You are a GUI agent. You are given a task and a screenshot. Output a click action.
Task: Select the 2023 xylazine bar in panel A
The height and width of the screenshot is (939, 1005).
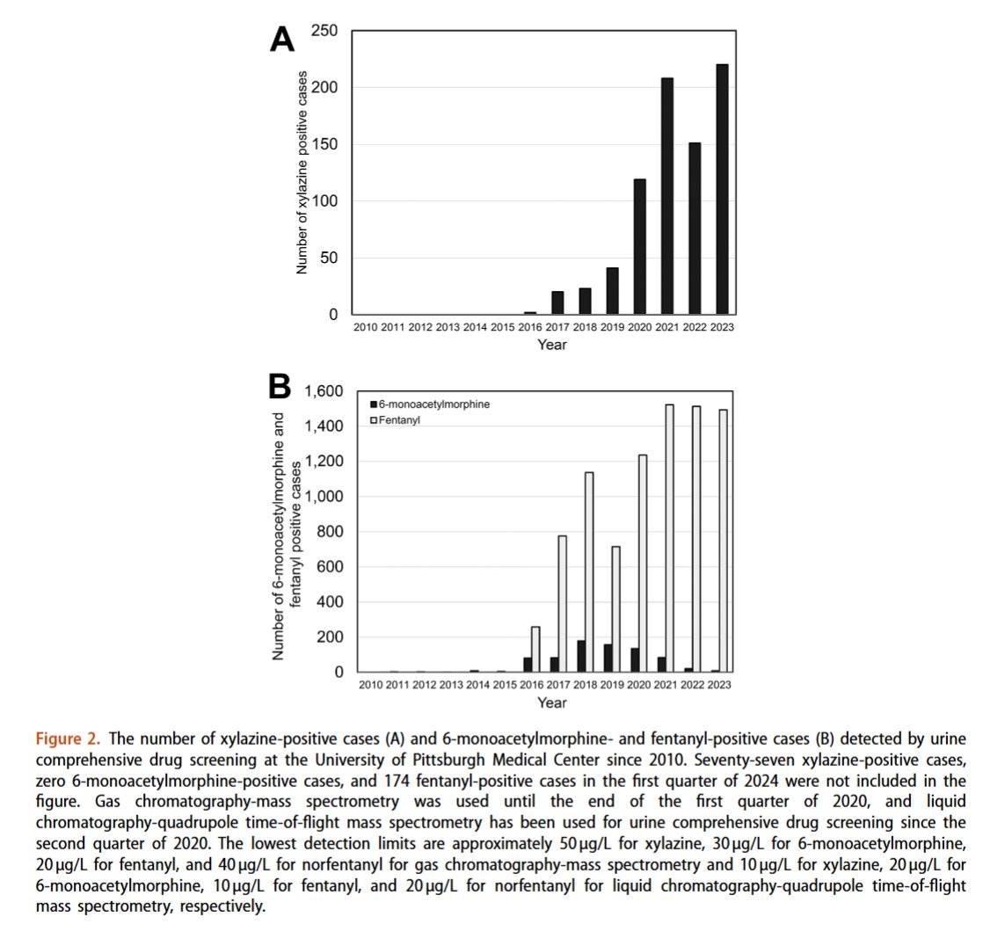click(722, 189)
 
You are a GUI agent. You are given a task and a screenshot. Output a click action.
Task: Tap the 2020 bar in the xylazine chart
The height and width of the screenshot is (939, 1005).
click(640, 247)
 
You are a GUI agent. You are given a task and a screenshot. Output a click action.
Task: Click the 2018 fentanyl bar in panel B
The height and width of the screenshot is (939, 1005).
click(589, 572)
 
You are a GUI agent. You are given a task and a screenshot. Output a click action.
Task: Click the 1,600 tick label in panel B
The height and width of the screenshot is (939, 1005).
click(323, 391)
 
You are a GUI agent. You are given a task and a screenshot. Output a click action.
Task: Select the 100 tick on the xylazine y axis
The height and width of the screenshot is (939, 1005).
click(325, 201)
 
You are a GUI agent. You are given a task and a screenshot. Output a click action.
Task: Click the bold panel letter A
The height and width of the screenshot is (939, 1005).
click(281, 40)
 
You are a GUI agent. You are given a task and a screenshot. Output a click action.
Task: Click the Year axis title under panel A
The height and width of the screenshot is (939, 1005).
click(552, 345)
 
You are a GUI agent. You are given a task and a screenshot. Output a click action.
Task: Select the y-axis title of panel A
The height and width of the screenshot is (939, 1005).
click(302, 172)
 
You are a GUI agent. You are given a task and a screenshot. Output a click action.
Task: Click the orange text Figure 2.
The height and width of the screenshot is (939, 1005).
click(66, 737)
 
